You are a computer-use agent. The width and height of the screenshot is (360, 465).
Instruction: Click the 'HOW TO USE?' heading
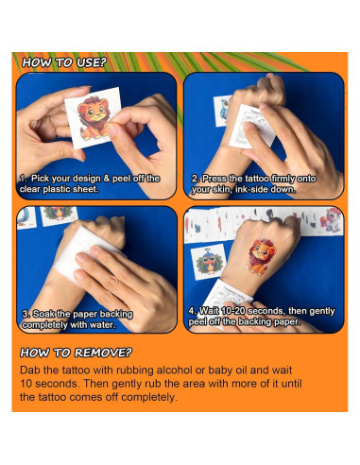pyautogui.click(x=64, y=63)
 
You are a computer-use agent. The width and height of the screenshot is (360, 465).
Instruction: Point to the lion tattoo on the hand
pyautogui.click(x=262, y=254)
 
